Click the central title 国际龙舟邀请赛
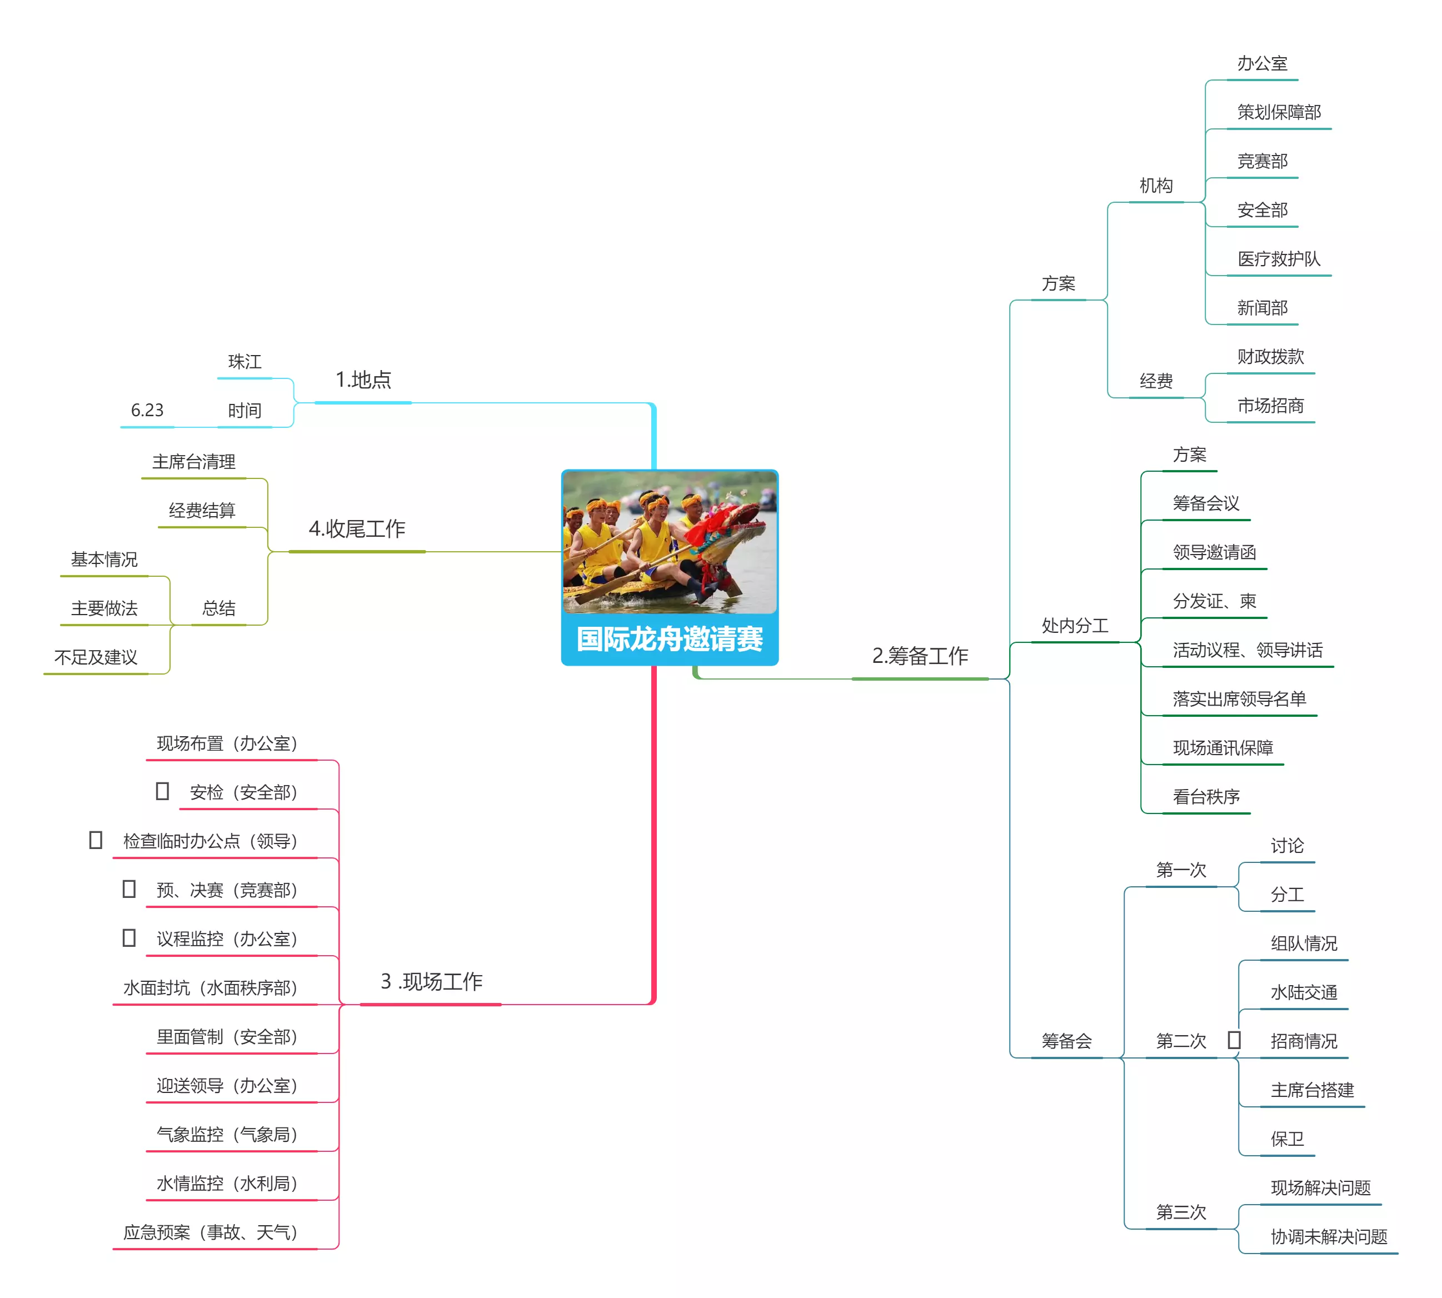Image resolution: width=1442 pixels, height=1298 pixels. point(669,638)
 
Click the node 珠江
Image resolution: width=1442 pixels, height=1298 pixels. point(245,362)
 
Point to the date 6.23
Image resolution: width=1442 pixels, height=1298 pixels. point(147,410)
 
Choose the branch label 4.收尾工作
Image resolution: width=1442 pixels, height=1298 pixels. point(357,528)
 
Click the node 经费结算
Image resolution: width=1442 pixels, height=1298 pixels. point(202,511)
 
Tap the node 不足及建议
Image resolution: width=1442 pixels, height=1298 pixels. point(96,657)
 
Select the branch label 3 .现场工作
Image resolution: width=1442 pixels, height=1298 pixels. point(431,981)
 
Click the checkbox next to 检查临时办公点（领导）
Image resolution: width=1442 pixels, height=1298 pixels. point(96,840)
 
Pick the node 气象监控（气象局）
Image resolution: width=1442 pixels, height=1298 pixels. point(227,1134)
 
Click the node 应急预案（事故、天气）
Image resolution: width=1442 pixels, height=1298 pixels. point(211,1232)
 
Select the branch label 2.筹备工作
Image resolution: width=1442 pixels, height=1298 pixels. point(920,656)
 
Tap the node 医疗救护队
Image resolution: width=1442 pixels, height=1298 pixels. point(1279,259)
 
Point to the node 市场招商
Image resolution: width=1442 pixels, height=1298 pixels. point(1270,406)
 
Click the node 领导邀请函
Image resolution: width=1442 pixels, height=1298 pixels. point(1214,552)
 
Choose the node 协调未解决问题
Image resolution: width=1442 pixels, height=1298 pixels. point(1329,1236)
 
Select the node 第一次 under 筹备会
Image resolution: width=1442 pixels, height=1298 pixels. point(1181,870)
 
